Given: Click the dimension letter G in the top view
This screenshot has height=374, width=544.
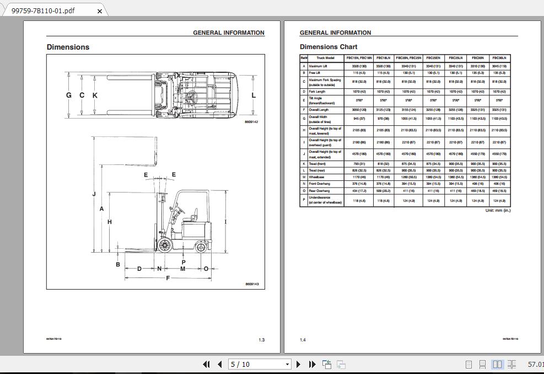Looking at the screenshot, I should [69, 95].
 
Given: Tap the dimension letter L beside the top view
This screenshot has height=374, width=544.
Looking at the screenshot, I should [254, 95].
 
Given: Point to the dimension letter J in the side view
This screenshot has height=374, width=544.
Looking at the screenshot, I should [94, 194].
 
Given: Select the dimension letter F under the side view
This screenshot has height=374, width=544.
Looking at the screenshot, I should [168, 278].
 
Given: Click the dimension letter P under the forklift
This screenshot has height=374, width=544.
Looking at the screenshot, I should [184, 262].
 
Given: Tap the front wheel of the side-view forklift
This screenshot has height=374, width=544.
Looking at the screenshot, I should [164, 245].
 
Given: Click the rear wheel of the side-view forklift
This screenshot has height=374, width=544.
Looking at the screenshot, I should [200, 247].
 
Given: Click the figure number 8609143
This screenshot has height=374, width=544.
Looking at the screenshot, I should [251, 284].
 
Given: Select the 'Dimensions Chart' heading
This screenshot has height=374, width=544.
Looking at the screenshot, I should [328, 47].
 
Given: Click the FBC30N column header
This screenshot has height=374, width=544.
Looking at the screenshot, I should [478, 58].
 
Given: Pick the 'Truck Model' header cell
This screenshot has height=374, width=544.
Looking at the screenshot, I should [325, 58].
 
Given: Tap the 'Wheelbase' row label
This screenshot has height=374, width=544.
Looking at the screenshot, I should [316, 177].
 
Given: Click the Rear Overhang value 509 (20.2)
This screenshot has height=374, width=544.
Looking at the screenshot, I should [383, 191].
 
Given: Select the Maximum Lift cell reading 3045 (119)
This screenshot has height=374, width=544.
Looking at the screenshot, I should [499, 66].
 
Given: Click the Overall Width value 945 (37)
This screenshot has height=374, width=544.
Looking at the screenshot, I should [359, 119].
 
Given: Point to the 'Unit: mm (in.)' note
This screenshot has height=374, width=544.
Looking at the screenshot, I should [497, 211].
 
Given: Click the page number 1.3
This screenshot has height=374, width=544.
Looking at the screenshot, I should [261, 340].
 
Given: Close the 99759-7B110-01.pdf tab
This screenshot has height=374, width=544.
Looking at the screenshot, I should [100, 10].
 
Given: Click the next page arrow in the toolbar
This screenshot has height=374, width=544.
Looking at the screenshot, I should [299, 364].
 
